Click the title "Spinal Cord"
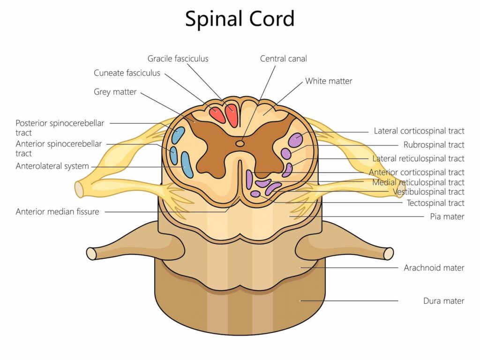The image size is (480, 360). (x=240, y=19)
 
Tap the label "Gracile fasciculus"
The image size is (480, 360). (x=178, y=59)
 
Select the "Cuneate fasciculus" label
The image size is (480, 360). (x=127, y=73)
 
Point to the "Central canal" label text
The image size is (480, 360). (x=284, y=59)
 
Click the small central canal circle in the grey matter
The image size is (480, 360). (x=240, y=143)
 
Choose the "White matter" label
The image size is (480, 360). (x=329, y=81)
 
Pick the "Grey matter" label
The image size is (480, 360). (x=115, y=92)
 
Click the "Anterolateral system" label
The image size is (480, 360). (x=52, y=166)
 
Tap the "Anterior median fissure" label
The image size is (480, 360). (x=58, y=211)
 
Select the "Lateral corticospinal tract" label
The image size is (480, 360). (x=419, y=131)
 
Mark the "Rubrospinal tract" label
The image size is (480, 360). (x=434, y=145)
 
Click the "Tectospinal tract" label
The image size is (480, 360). (x=435, y=203)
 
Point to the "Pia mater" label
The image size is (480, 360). (x=447, y=217)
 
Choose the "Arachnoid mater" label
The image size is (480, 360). (x=434, y=268)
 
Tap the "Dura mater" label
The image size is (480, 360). (x=444, y=301)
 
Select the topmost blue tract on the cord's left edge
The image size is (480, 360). (x=178, y=135)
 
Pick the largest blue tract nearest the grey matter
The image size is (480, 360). (x=187, y=165)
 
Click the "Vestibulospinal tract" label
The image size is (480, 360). (x=428, y=192)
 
